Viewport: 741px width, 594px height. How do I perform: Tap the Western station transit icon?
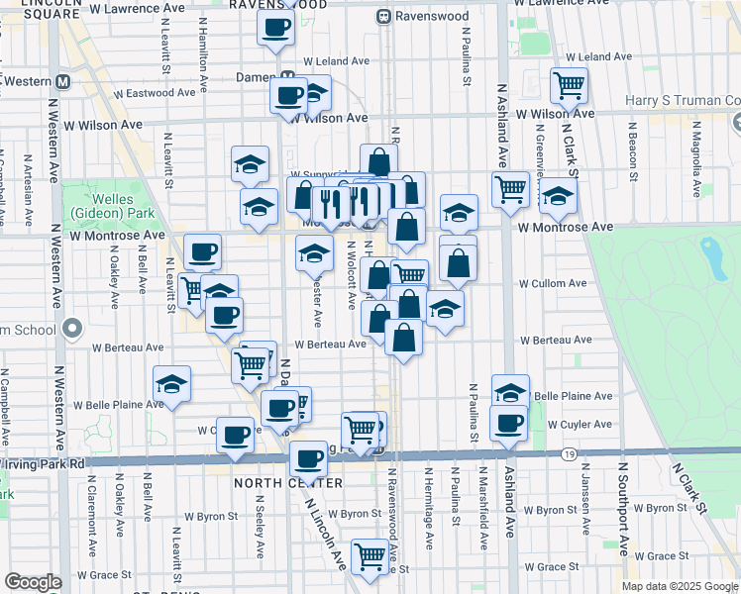pyautogui.click(x=63, y=82)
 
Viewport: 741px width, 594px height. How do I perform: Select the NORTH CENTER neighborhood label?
pyautogui.click(x=287, y=483)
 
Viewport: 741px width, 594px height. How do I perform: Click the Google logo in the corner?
pyautogui.click(x=33, y=582)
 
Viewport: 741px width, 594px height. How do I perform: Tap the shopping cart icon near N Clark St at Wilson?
pyautogui.click(x=569, y=85)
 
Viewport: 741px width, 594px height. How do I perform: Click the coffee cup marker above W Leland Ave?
pyautogui.click(x=276, y=26)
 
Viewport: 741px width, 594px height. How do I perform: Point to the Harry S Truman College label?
pyautogui.click(x=683, y=101)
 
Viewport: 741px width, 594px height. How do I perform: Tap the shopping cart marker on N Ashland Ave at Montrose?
pyautogui.click(x=510, y=187)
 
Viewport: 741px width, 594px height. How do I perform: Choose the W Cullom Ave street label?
pyautogui.click(x=553, y=283)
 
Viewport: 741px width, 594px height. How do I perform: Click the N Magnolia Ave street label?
pyautogui.click(x=696, y=158)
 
